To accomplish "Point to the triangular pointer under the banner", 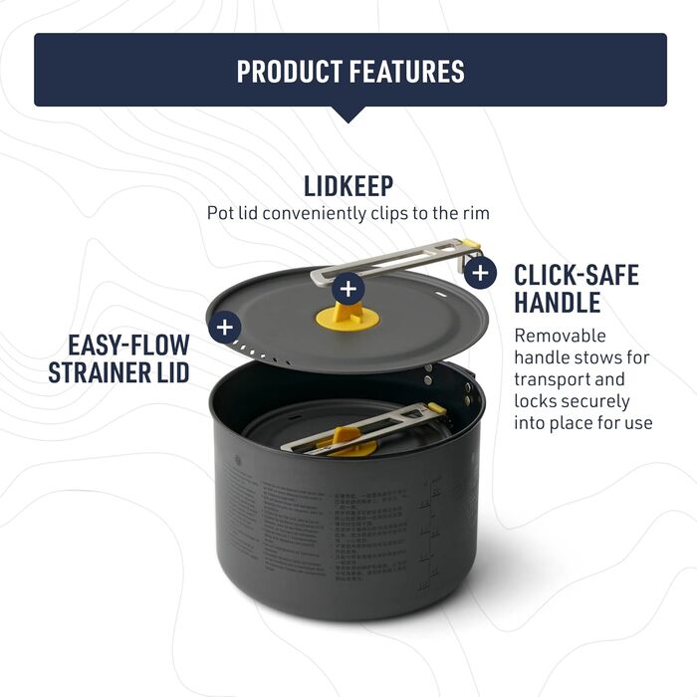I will coord(348,115).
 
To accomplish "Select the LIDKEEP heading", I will coord(348,185).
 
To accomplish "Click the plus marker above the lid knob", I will coord(348,289).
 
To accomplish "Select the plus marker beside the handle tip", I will coord(480,272).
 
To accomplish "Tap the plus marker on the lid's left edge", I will coord(226,327).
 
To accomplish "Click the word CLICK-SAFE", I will coord(576,275).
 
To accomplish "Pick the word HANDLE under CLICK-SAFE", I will coord(558,303).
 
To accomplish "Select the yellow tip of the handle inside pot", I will coord(436,408).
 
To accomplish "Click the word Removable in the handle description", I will coord(560,336).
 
